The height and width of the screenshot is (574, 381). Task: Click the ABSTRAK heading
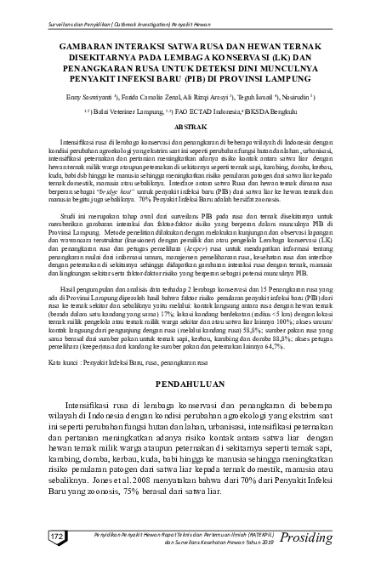(x=190, y=125)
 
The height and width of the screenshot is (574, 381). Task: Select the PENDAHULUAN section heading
(x=190, y=384)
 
